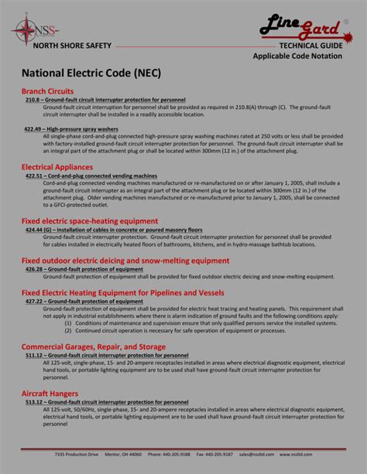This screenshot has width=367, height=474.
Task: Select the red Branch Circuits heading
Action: (47, 91)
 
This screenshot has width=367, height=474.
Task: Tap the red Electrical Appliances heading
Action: (59, 166)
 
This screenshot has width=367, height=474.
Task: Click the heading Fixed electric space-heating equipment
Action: (89, 221)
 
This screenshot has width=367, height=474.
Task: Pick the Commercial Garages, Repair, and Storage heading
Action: (93, 346)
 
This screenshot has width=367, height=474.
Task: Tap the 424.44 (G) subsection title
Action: (113, 230)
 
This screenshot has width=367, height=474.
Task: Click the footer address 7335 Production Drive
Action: (77, 455)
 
